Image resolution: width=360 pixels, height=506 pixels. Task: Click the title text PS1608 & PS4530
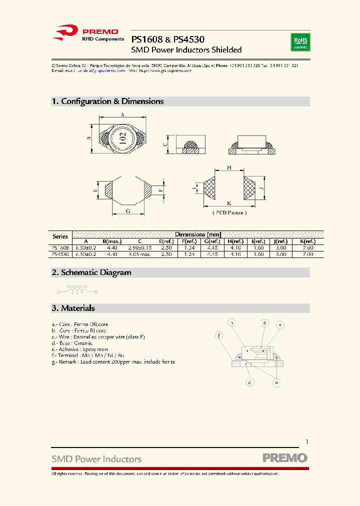167,39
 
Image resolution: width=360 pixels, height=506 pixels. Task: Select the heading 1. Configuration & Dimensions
107,101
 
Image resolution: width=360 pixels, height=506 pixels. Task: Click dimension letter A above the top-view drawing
122,114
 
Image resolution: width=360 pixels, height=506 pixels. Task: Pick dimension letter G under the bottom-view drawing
128,211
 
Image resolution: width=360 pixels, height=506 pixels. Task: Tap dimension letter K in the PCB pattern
229,203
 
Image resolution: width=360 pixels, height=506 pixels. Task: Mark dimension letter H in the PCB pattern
229,168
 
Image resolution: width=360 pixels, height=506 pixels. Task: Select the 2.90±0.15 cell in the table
139,247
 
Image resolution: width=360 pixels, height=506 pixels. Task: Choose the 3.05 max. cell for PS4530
139,254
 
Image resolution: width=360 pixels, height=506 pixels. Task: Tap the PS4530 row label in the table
60,254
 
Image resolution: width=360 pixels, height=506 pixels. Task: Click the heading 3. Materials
73,308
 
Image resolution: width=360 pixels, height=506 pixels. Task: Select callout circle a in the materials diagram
265,323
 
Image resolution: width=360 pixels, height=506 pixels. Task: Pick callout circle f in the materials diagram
218,335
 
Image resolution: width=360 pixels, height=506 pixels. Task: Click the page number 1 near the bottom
306,442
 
